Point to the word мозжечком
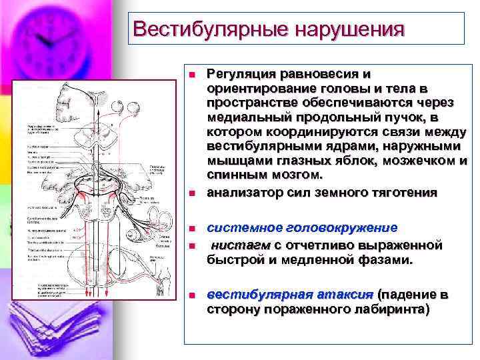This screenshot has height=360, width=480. pyautogui.click(x=412, y=161)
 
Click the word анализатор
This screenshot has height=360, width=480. pyautogui.click(x=243, y=193)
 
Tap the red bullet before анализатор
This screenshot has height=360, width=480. pyautogui.click(x=191, y=194)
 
